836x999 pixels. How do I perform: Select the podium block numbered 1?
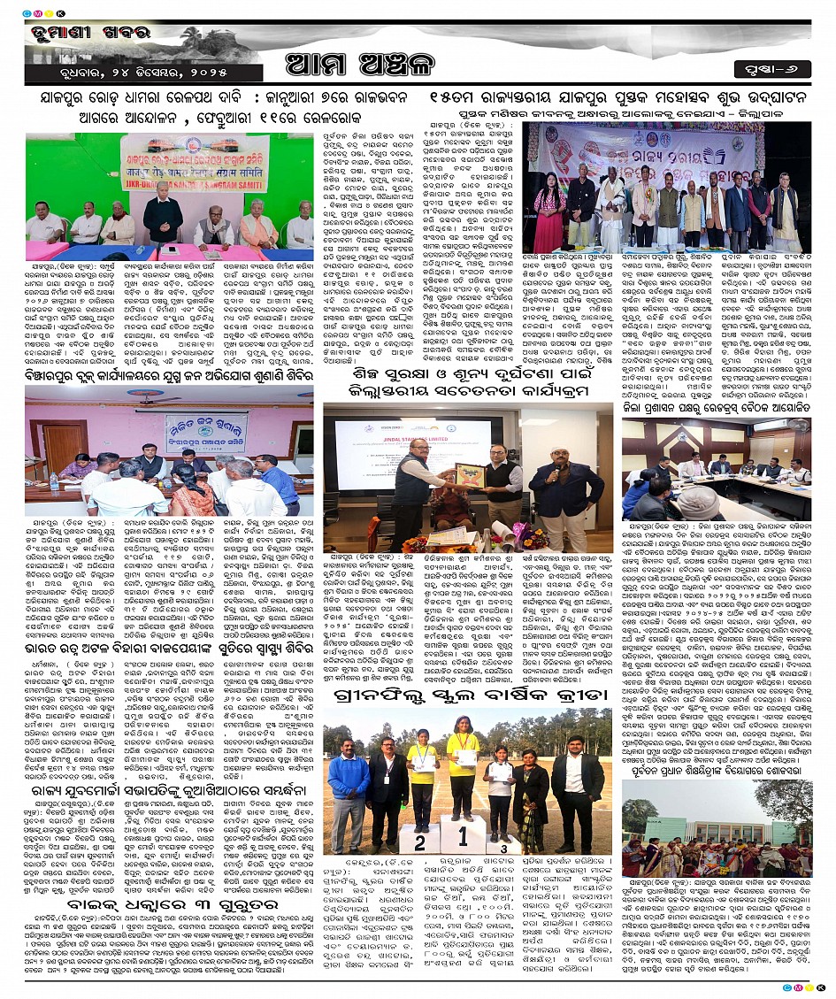point(462,832)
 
